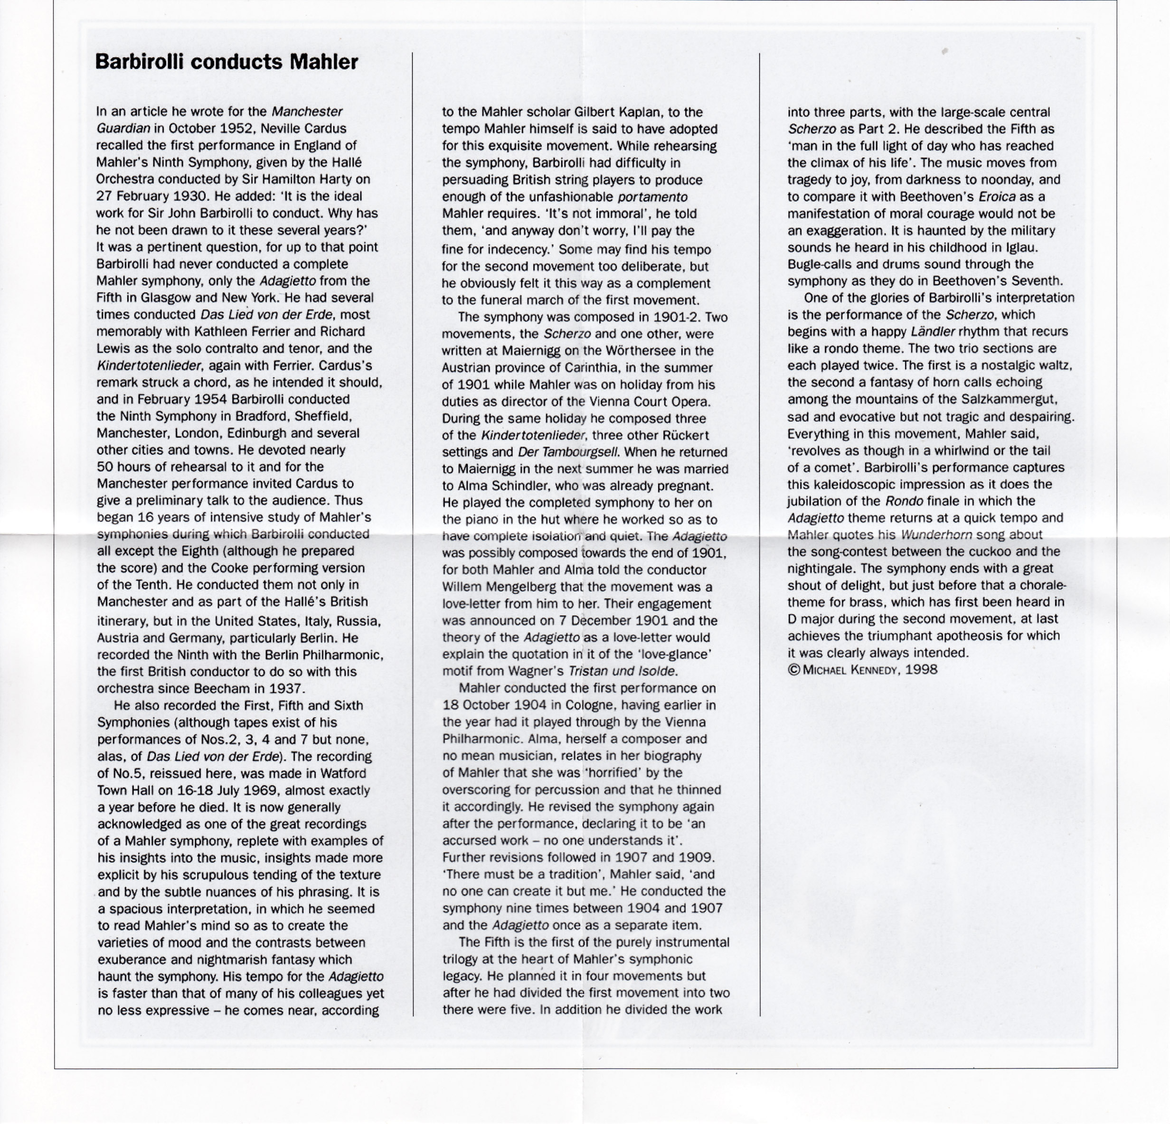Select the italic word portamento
pyautogui.click(x=652, y=197)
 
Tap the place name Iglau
pyautogui.click(x=1035, y=247)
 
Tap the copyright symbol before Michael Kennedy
pyautogui.click(x=794, y=669)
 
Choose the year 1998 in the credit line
pyautogui.click(x=922, y=669)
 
